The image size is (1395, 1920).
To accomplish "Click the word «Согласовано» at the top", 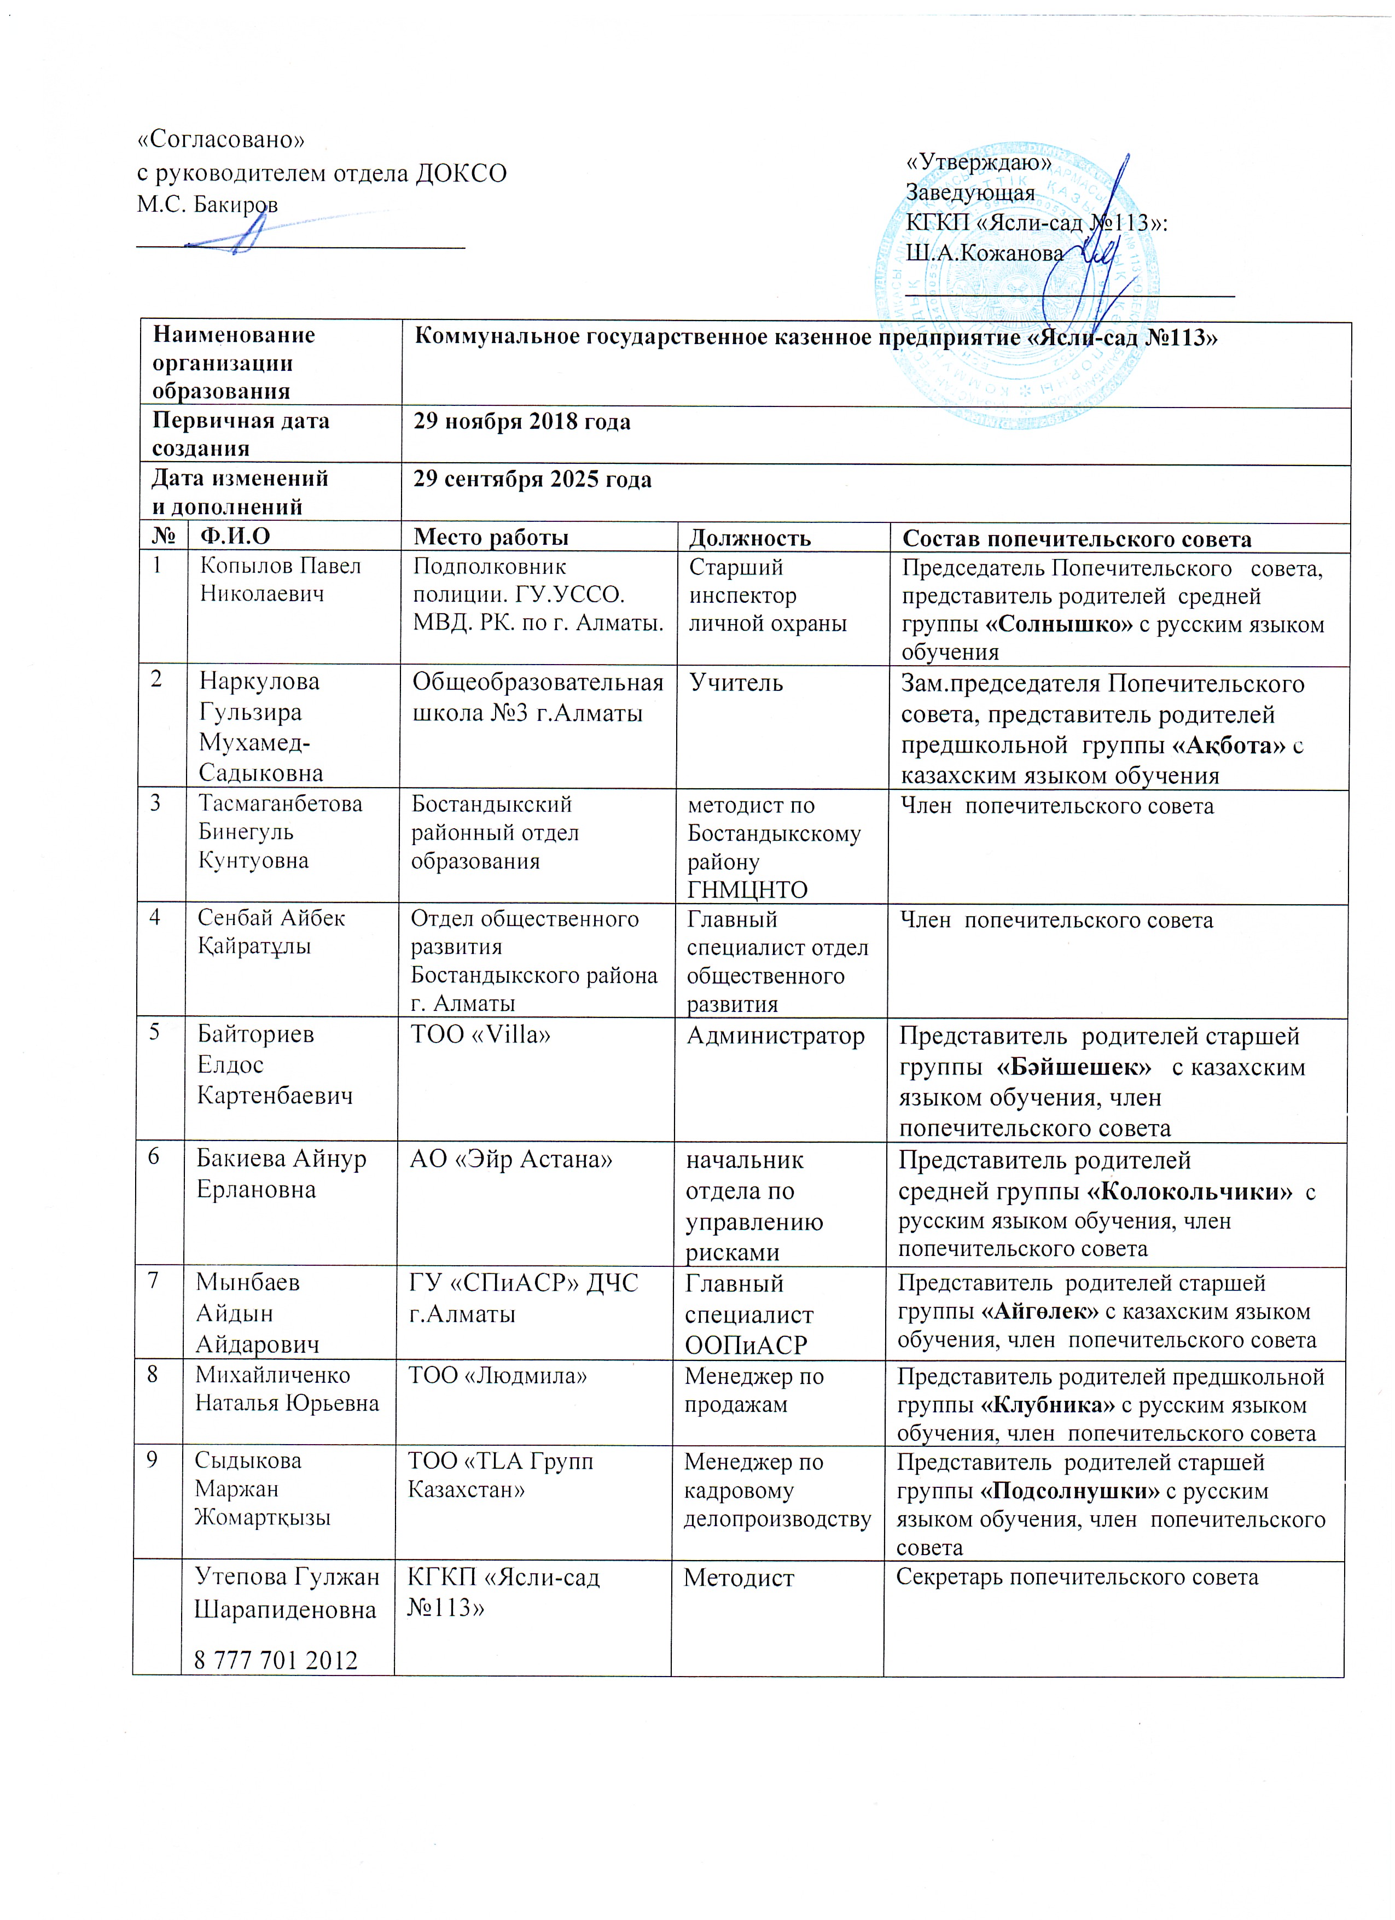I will [x=221, y=139].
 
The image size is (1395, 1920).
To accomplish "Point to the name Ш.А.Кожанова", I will [x=985, y=252].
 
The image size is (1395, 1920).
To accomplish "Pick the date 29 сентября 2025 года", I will [x=532, y=480].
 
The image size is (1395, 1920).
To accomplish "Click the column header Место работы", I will [x=490, y=538].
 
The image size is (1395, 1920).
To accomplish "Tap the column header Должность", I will [x=749, y=538].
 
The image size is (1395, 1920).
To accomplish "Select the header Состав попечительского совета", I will [x=1077, y=539].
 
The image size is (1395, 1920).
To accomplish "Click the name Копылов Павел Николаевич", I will [x=280, y=580].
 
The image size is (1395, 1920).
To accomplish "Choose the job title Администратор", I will [x=775, y=1035].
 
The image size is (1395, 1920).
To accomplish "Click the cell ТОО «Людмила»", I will [x=498, y=1376].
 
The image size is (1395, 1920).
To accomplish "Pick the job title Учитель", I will [x=736, y=682].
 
